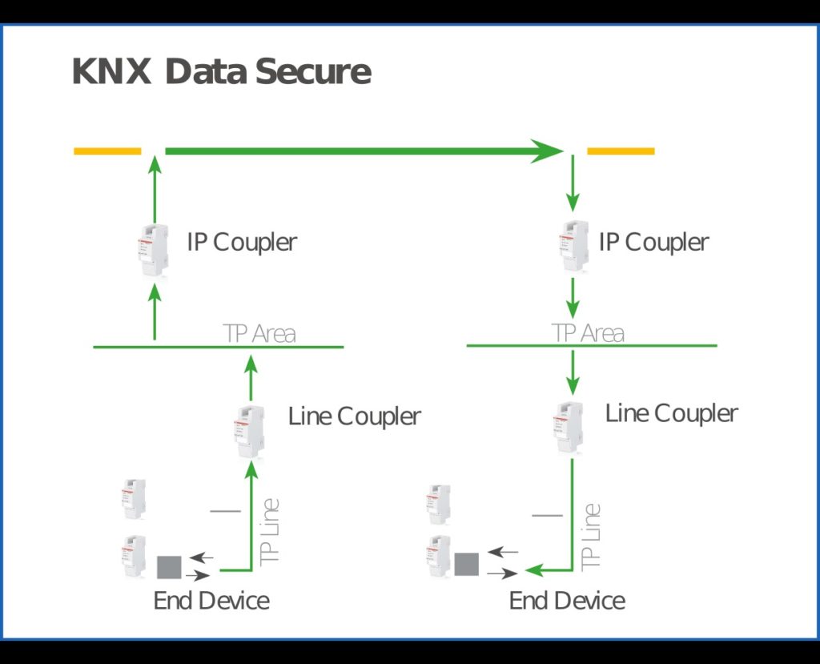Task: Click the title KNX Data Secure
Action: tap(221, 72)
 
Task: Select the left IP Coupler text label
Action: tap(242, 242)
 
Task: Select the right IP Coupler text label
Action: tap(653, 242)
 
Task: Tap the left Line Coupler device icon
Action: tap(250, 431)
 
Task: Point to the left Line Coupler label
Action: tap(354, 417)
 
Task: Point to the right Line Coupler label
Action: tap(671, 413)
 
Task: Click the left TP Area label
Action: tap(259, 334)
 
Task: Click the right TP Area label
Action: tap(588, 333)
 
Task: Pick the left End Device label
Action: tap(211, 601)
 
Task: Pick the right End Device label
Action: tap(567, 601)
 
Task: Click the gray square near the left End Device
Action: tap(169, 567)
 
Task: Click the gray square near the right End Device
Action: tap(466, 564)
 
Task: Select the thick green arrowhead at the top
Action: tap(548, 151)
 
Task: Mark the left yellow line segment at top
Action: tap(107, 151)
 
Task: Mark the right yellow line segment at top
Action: tap(621, 151)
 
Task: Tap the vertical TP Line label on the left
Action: tap(271, 530)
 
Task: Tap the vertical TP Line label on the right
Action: tap(590, 535)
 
